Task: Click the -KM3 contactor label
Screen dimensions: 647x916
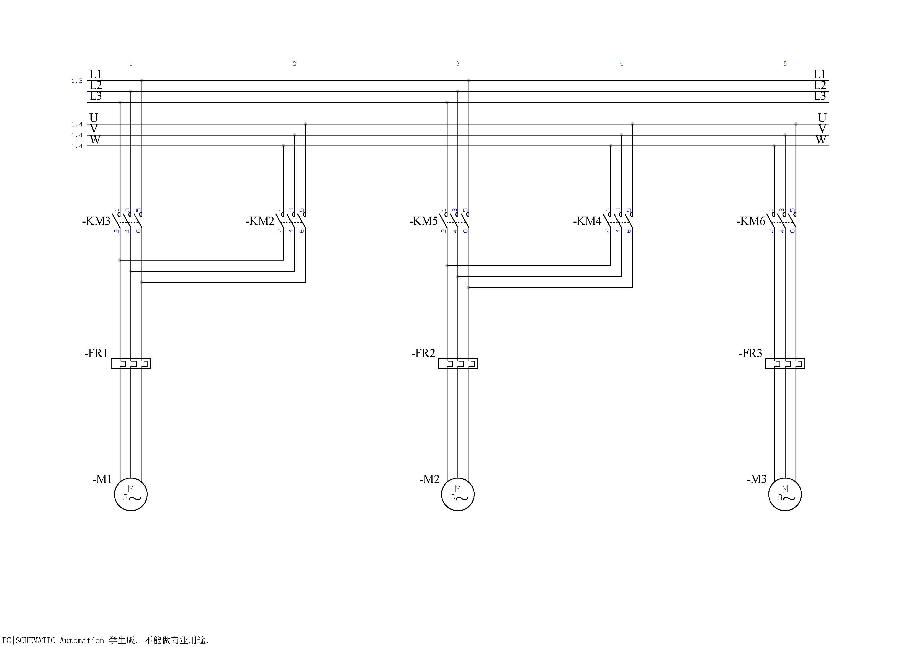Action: pos(96,221)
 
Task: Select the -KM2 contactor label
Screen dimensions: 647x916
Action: pos(260,221)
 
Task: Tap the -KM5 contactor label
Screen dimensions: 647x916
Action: pos(423,221)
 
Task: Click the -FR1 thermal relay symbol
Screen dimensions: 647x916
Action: pos(130,363)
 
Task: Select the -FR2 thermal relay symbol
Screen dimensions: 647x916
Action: pos(458,363)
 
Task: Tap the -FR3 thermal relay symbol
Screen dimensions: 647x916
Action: pos(785,363)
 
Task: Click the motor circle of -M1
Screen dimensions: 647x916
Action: pos(130,494)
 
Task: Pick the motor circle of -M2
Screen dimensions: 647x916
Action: pos(458,494)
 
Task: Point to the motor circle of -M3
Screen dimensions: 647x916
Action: pos(785,494)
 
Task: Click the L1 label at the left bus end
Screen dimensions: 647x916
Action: pos(95,74)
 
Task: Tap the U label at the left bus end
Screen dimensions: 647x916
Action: pos(94,118)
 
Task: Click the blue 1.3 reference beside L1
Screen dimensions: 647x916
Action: pos(77,81)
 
